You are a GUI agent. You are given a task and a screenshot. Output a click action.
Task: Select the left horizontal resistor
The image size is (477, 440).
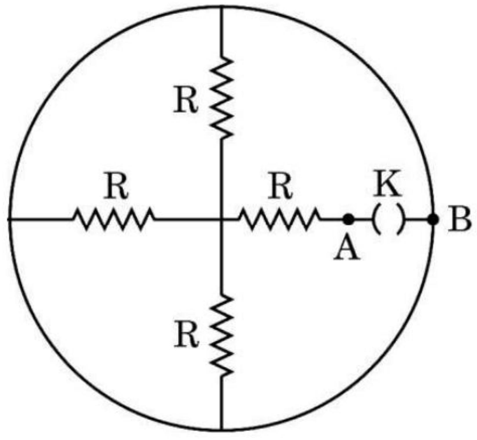click(x=113, y=219)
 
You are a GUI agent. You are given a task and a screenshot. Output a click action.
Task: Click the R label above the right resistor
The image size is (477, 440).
click(x=280, y=187)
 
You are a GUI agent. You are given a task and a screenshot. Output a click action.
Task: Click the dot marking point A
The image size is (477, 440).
click(x=348, y=219)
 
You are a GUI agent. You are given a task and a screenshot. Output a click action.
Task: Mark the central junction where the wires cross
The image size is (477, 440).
click(x=222, y=219)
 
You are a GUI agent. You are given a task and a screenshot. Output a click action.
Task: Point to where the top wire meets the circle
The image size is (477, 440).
click(x=222, y=6)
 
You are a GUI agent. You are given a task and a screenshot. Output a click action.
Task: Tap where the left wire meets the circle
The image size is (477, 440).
click(x=9, y=219)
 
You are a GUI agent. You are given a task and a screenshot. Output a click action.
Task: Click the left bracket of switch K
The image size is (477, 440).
click(x=376, y=219)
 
